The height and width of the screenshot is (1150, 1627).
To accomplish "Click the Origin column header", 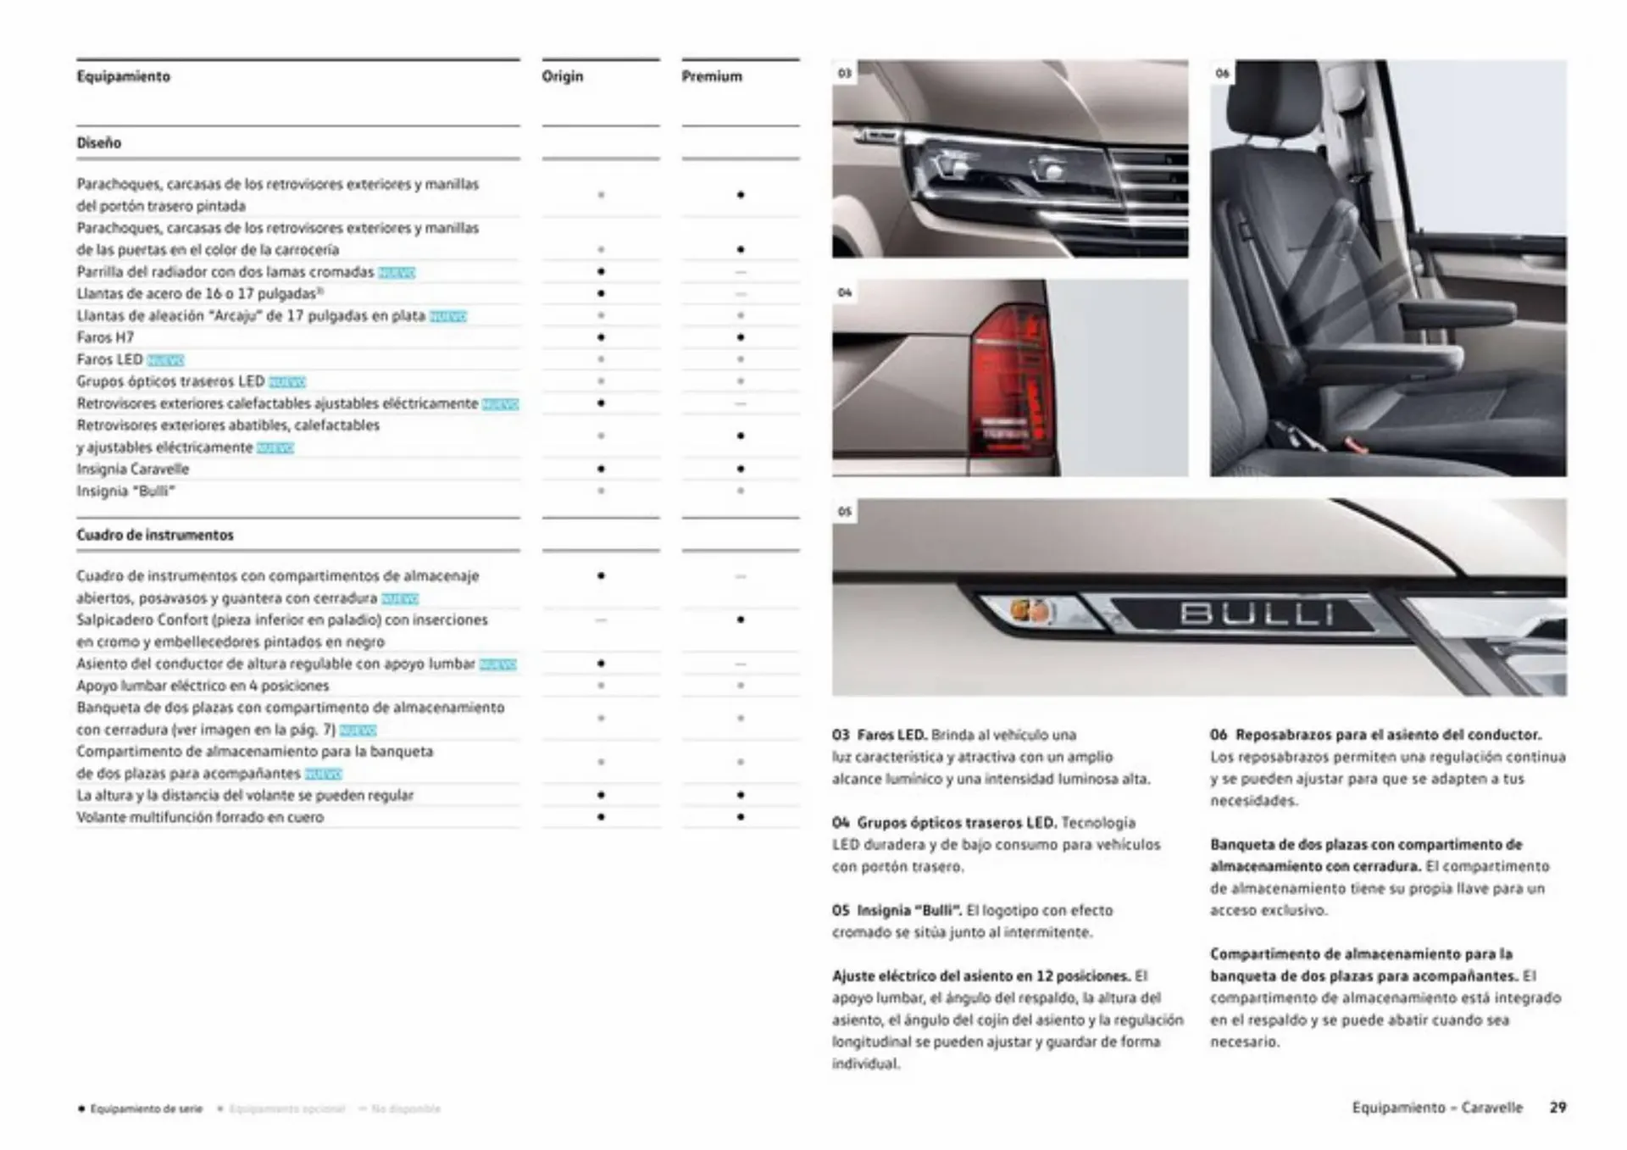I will point(563,76).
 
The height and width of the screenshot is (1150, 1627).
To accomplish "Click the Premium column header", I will point(712,76).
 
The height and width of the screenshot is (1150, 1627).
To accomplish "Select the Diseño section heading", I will point(99,143).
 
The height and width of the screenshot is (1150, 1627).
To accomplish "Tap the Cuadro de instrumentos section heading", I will point(155,536).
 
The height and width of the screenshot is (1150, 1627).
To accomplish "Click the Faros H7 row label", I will point(105,337).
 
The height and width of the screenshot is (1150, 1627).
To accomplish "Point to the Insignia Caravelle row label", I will point(133,469).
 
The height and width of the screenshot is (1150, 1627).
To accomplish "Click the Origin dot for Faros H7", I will point(601,337).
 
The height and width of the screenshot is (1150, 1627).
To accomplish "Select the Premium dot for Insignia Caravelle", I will point(741,469).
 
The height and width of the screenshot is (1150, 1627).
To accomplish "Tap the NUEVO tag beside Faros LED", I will point(165,360).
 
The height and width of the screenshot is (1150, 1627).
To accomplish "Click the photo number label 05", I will point(844,512).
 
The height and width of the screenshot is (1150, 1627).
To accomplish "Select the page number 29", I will point(1558,1108).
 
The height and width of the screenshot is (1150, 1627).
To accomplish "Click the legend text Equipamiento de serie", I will point(146,1109).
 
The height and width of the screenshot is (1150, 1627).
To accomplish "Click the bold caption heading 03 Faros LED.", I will point(879,735).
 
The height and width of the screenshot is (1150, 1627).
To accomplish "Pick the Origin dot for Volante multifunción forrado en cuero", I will point(601,817).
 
